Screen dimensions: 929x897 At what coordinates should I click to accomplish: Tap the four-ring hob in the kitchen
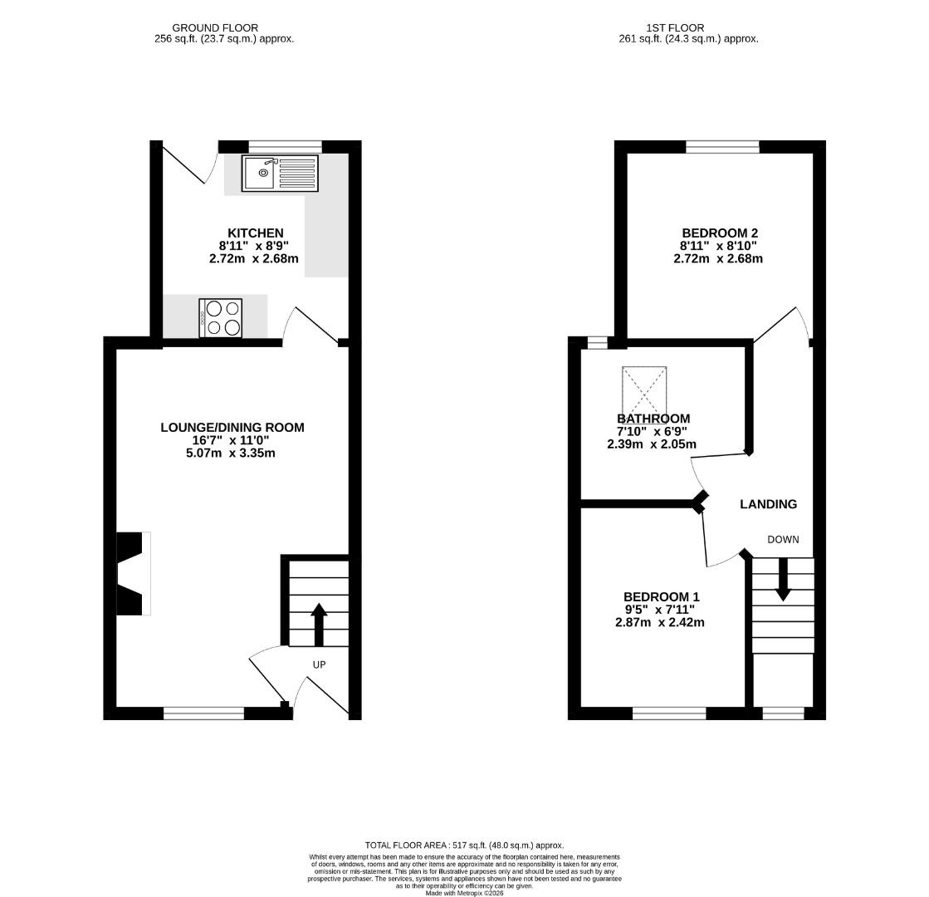click(x=220, y=318)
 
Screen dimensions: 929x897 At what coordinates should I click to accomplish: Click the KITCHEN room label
click(x=256, y=233)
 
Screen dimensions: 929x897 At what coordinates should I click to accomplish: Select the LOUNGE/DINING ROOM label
click(x=232, y=428)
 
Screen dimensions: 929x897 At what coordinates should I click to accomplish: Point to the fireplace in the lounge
click(x=134, y=573)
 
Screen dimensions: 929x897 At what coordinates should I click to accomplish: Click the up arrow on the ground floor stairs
click(x=319, y=625)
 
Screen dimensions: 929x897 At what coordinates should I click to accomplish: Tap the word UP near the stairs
click(x=320, y=664)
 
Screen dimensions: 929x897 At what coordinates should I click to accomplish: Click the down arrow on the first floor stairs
click(x=783, y=580)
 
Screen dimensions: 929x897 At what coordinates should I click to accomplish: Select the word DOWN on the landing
click(x=783, y=540)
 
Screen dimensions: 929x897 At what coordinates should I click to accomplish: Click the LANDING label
click(x=769, y=504)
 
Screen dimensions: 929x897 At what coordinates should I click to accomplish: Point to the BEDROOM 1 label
click(x=661, y=597)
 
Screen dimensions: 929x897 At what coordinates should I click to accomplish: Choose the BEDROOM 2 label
click(x=720, y=233)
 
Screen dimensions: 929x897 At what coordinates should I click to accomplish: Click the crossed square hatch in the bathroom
click(x=644, y=390)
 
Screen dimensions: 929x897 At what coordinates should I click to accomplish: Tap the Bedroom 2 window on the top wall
click(x=723, y=146)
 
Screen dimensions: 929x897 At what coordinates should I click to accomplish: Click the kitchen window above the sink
click(x=285, y=146)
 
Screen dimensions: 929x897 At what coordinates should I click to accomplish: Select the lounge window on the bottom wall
click(x=203, y=713)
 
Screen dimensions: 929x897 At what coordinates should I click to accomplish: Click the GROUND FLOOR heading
click(x=215, y=28)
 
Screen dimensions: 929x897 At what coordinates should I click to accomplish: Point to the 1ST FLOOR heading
click(x=675, y=28)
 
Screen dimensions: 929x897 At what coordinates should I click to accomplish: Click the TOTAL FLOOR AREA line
click(x=465, y=846)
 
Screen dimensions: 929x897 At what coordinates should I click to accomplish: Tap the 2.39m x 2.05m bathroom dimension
click(x=652, y=444)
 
